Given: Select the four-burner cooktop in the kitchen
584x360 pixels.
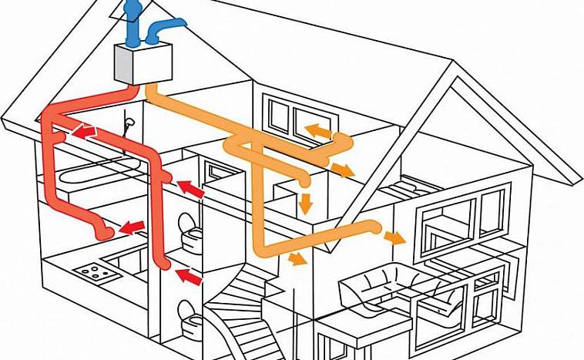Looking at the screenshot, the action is coord(91,271).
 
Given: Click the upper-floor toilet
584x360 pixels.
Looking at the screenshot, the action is coord(186,229).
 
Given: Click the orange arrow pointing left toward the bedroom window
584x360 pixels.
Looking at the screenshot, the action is coord(316,129).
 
